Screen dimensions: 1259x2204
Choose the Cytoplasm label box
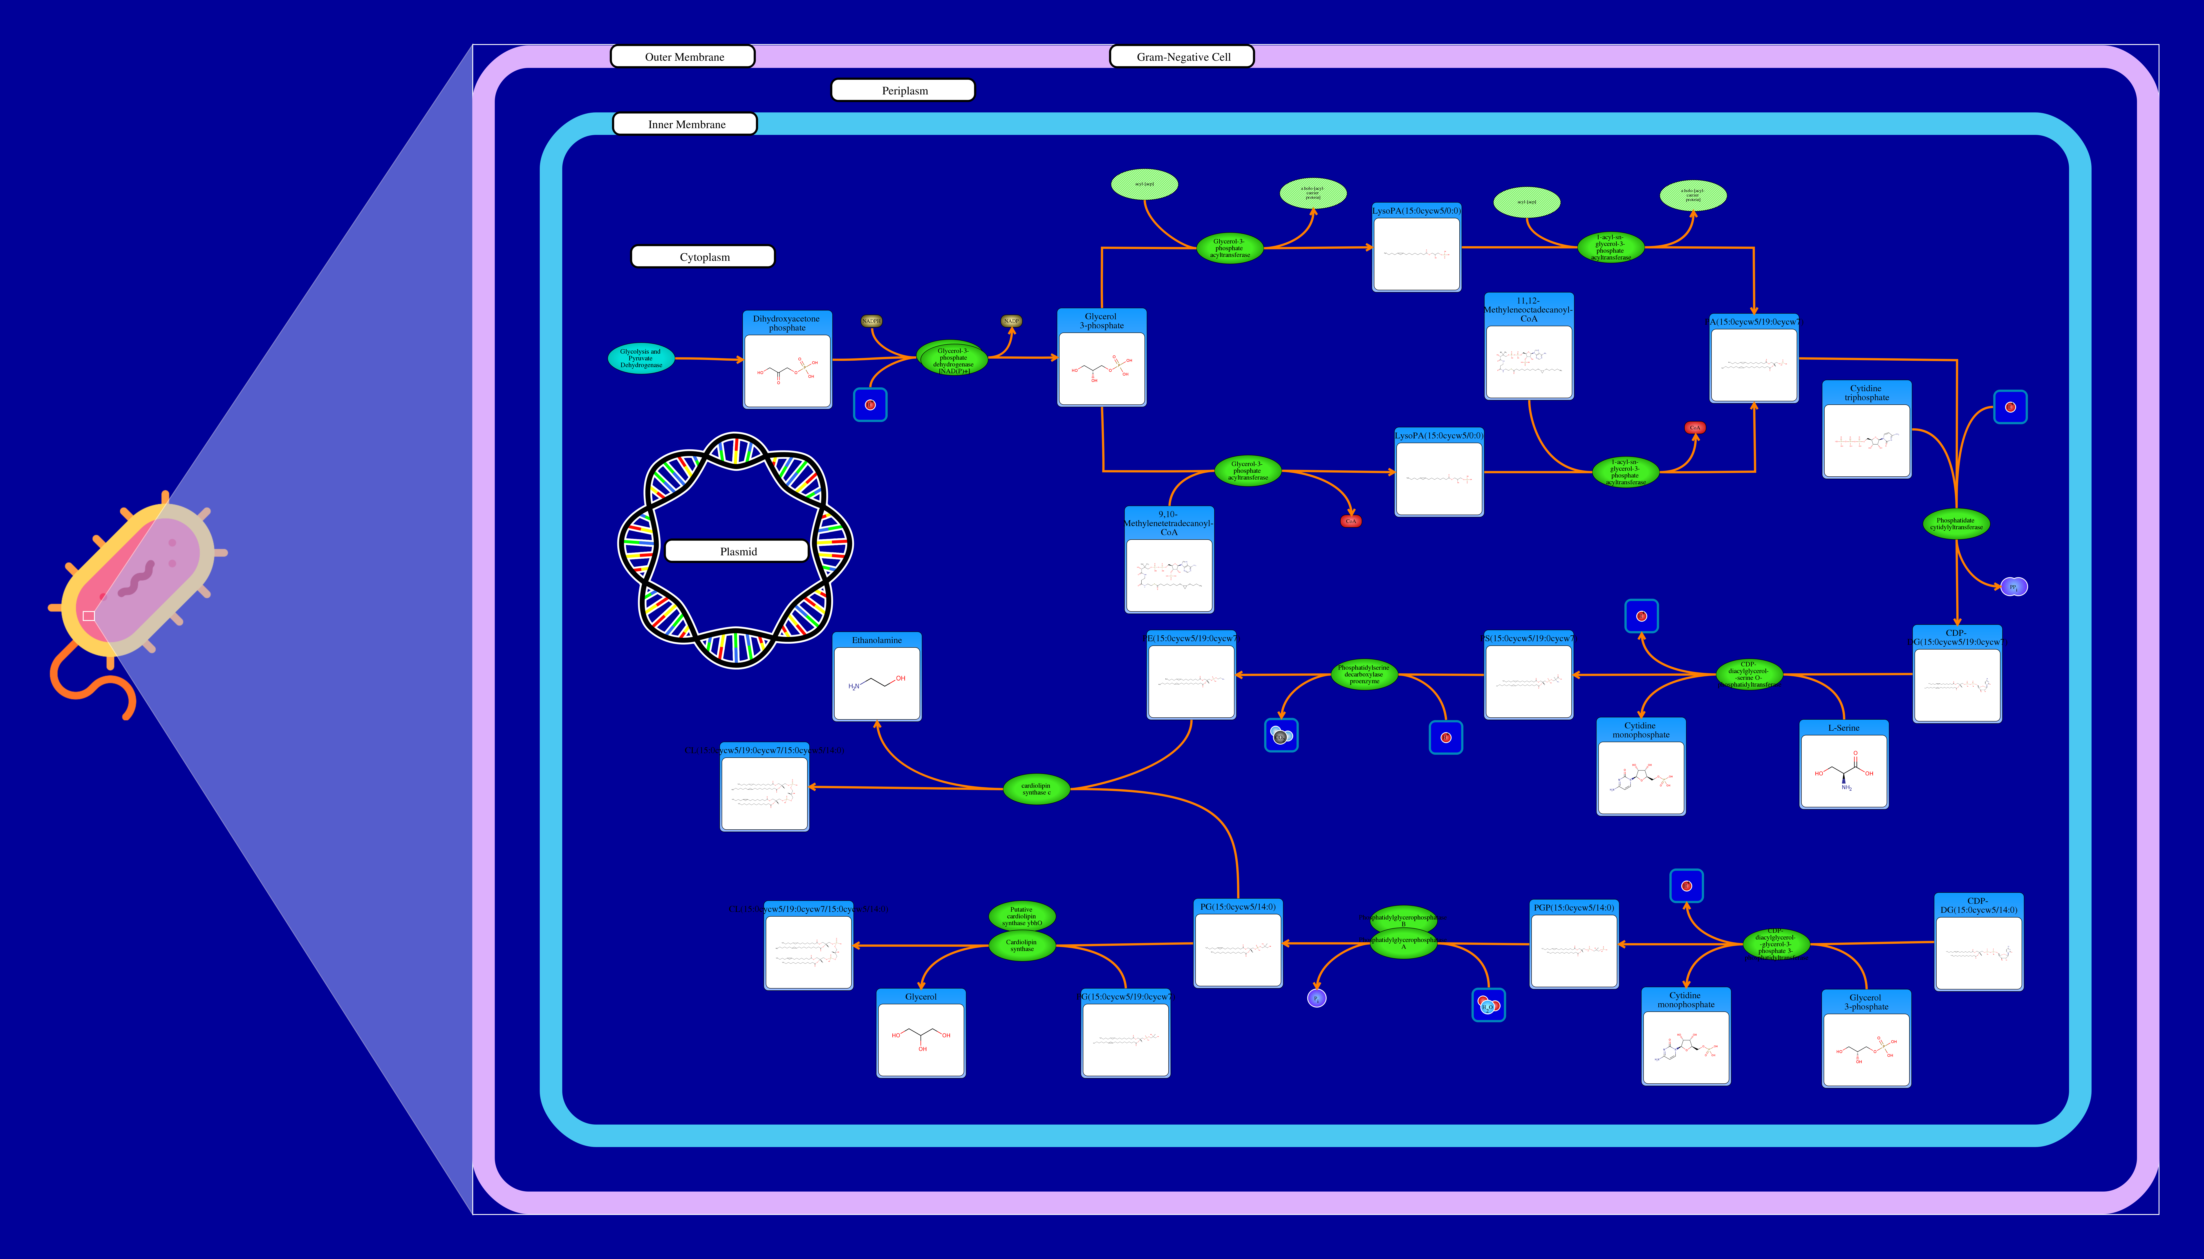click(x=703, y=257)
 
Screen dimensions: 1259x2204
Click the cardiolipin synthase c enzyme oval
click(x=1036, y=789)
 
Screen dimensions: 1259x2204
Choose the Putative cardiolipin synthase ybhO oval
click(x=1021, y=915)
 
